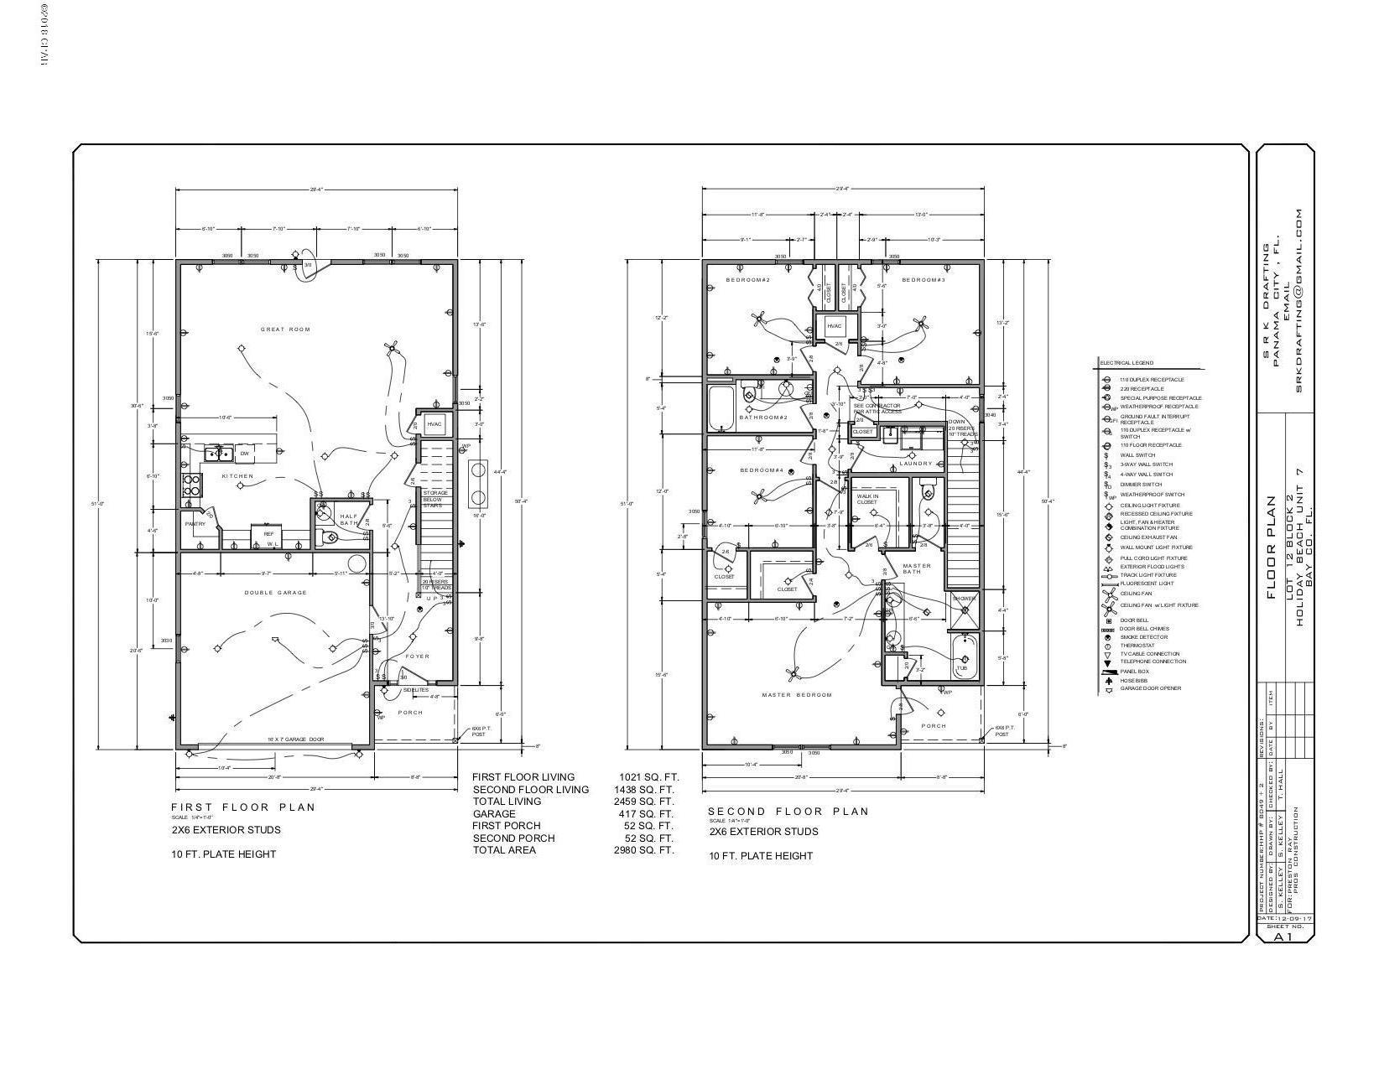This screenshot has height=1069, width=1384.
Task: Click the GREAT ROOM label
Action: [x=285, y=330]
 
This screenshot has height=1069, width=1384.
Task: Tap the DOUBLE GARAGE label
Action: [x=275, y=593]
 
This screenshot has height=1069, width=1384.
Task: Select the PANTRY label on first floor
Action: [x=195, y=524]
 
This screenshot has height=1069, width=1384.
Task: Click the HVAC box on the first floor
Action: [x=434, y=424]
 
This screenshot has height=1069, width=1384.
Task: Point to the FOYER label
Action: [x=417, y=656]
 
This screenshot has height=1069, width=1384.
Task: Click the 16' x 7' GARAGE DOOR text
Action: [x=295, y=739]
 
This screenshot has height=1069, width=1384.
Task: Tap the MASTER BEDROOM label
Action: [x=796, y=695]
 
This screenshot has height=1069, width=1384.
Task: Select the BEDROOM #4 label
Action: [x=761, y=470]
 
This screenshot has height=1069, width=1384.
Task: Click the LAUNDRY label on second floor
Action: [x=915, y=464]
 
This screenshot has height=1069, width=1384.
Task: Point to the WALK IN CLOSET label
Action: [x=866, y=499]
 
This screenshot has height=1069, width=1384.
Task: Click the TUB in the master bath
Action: [x=962, y=668]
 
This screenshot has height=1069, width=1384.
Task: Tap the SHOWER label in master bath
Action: [x=964, y=599]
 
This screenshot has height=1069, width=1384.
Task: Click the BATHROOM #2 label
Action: [x=762, y=418]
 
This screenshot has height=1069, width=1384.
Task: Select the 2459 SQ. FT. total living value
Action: [x=645, y=802]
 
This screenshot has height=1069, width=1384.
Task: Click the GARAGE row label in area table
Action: [x=494, y=814]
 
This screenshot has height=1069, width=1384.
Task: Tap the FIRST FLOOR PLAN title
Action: [x=243, y=807]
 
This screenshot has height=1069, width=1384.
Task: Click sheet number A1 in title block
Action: [x=1283, y=937]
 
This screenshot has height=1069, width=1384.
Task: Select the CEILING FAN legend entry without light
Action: [x=1136, y=594]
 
